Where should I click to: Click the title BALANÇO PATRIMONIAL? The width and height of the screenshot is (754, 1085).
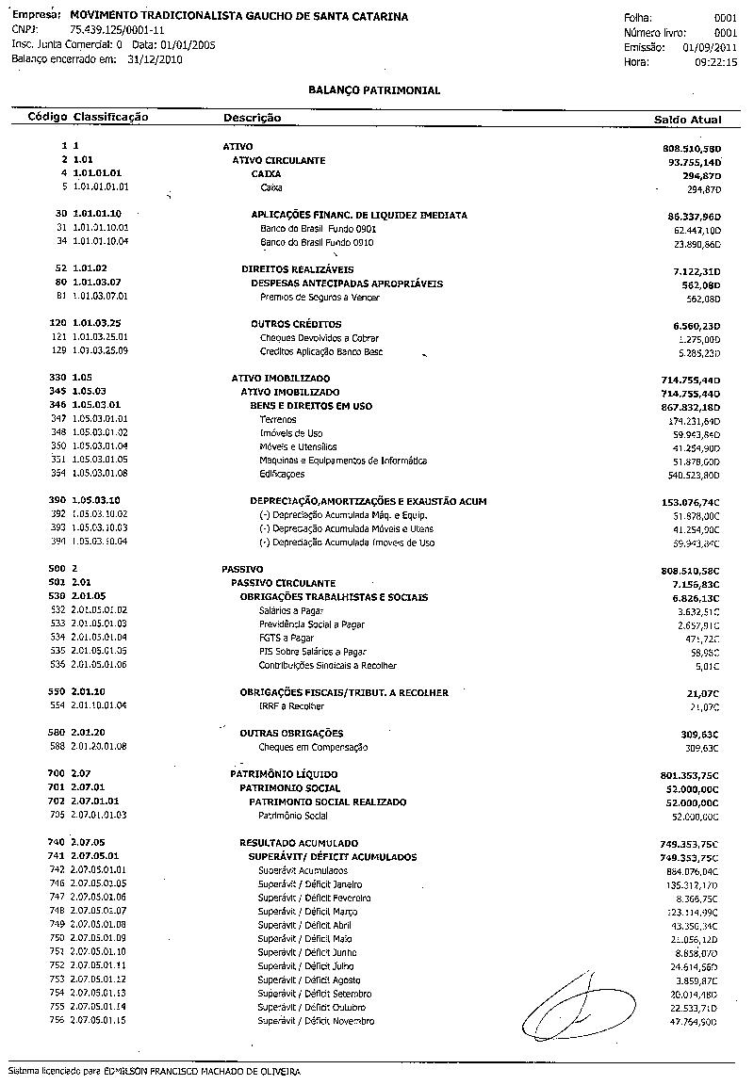click(374, 90)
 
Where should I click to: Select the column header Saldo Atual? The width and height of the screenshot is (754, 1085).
click(687, 120)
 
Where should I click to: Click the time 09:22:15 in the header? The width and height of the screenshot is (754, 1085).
click(716, 61)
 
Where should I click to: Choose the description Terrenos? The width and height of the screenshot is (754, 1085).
click(278, 419)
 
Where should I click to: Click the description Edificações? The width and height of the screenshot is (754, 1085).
click(282, 474)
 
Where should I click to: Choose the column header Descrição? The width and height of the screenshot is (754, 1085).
click(252, 118)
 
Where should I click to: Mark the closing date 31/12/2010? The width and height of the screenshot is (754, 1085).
click(155, 59)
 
